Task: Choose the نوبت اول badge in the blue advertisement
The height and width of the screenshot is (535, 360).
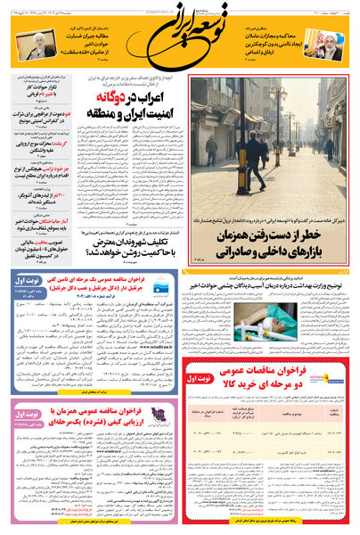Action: (x=29, y=283)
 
